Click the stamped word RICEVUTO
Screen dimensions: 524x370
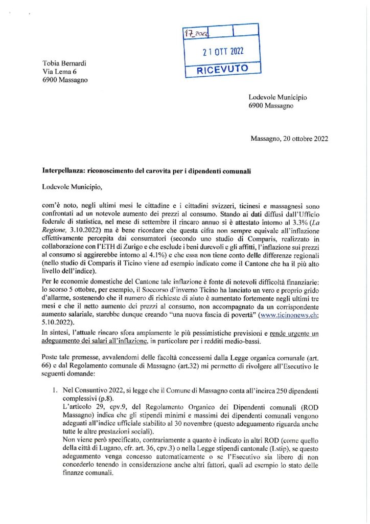coord(223,69)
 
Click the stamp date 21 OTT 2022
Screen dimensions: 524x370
coord(223,51)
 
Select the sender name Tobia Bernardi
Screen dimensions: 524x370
coord(64,63)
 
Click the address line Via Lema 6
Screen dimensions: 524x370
coord(60,72)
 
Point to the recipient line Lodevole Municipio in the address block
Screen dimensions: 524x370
coord(278,97)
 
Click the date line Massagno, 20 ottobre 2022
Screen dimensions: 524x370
coord(289,138)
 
